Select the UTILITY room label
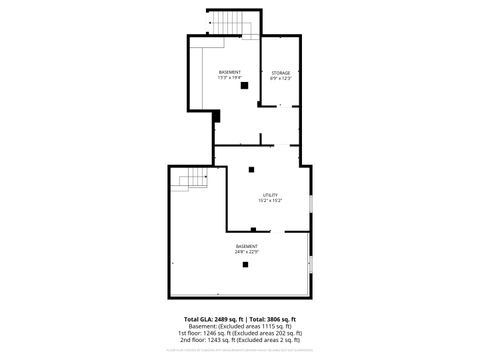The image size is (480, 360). point(270,195)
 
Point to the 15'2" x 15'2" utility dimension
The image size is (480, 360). point(270,201)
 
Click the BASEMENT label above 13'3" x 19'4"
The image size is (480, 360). point(230,73)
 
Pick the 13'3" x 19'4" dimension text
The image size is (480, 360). point(230,79)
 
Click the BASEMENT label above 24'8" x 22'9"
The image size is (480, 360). point(246,246)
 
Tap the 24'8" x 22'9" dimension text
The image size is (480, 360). point(246,252)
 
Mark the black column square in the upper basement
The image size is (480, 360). point(243,86)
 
